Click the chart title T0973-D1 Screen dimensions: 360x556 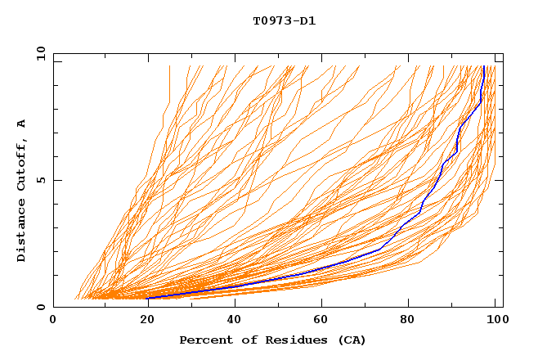point(284,20)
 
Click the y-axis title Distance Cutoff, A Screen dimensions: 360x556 point(21,190)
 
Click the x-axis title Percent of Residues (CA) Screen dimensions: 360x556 point(272,340)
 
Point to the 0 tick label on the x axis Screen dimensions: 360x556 point(53,320)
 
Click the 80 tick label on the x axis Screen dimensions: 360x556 point(410,320)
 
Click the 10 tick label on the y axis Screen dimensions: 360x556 point(40,53)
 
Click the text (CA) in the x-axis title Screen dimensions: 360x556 point(352,340)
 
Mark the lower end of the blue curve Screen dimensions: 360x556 point(148,298)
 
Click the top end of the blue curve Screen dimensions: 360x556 point(484,66)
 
